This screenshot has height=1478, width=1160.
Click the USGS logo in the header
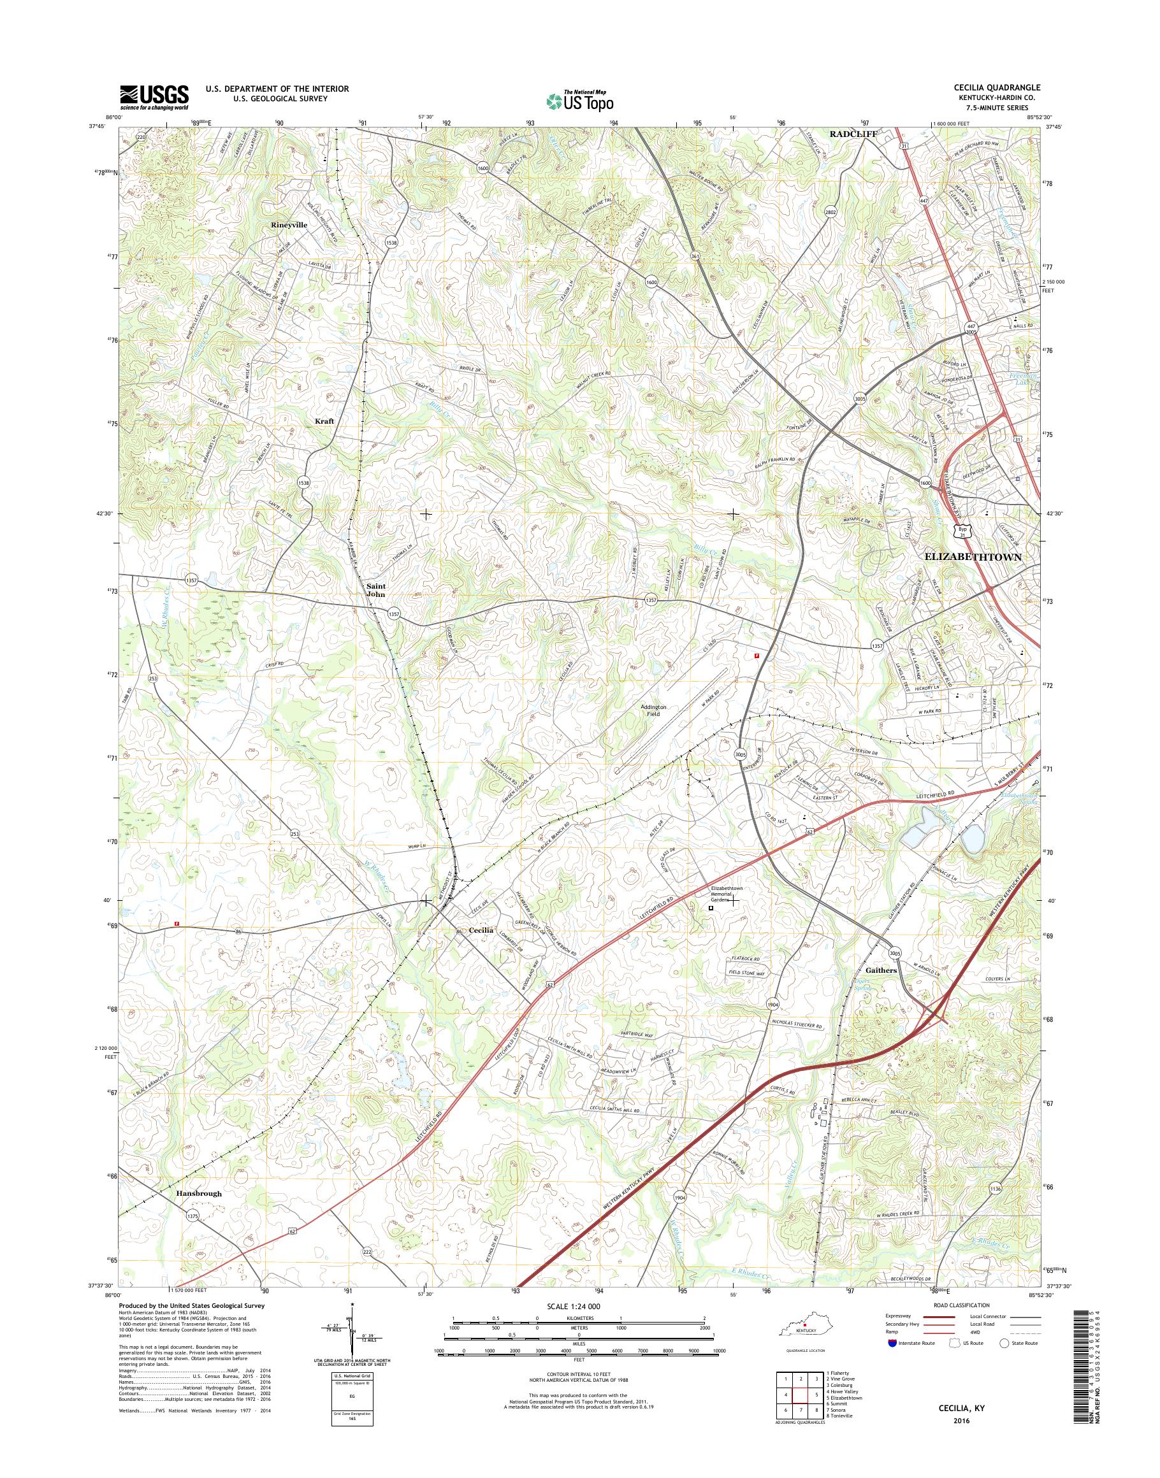coord(154,97)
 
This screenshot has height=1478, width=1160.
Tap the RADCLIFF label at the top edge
coord(853,134)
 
